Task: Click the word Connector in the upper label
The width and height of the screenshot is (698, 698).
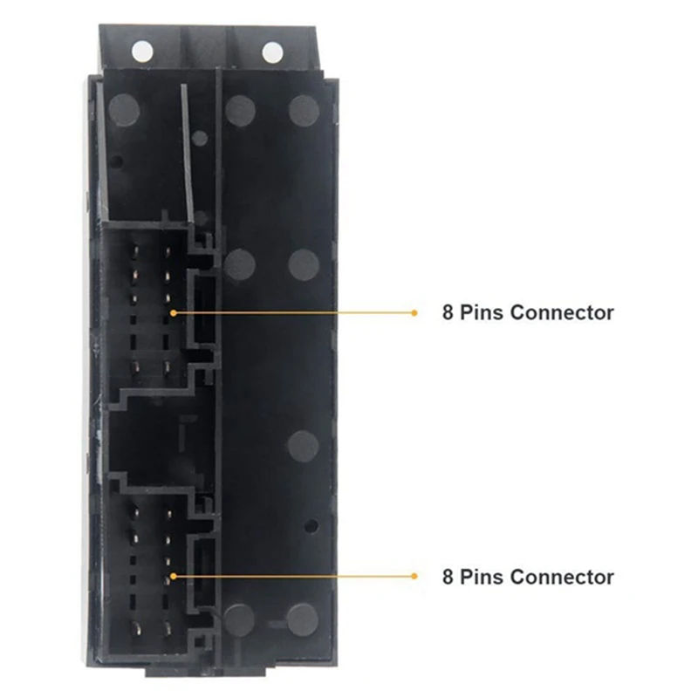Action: pyautogui.click(x=562, y=312)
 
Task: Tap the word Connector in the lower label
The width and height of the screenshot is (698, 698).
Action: pyautogui.click(x=562, y=577)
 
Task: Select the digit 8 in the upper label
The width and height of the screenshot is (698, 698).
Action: pyautogui.click(x=447, y=312)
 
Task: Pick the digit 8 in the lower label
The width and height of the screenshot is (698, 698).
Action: pyautogui.click(x=447, y=577)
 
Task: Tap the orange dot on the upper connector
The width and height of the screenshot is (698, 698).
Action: pyautogui.click(x=174, y=312)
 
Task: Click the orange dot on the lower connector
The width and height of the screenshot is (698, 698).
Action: pyautogui.click(x=174, y=577)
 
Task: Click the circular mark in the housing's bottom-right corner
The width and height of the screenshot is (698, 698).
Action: pyautogui.click(x=303, y=618)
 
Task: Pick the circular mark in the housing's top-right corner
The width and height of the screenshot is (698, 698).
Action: pyautogui.click(x=304, y=109)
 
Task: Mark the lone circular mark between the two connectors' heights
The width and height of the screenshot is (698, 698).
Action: pyautogui.click(x=303, y=445)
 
